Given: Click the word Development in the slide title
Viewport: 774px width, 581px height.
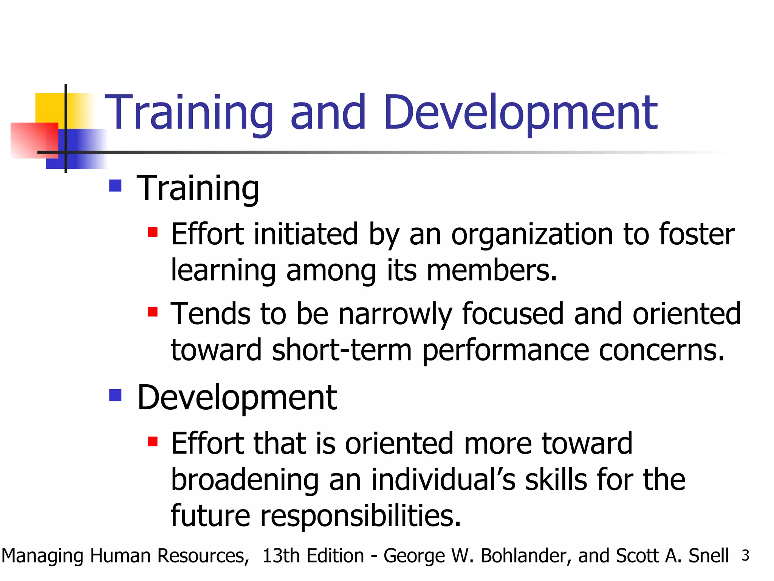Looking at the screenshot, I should click(520, 113).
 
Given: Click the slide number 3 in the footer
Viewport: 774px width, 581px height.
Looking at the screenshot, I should click(745, 556).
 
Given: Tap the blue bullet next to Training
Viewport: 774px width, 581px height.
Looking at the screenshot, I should click(115, 186).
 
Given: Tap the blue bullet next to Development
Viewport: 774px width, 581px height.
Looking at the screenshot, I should click(115, 395).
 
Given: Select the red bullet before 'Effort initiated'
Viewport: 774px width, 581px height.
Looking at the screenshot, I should click(153, 232).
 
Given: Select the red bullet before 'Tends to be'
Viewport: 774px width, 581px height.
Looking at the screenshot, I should click(153, 312).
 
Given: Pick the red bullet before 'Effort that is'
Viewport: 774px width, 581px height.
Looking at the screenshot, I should click(153, 441).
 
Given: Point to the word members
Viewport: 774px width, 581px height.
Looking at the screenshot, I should click(491, 271).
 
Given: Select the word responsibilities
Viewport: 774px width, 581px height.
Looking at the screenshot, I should click(361, 516).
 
